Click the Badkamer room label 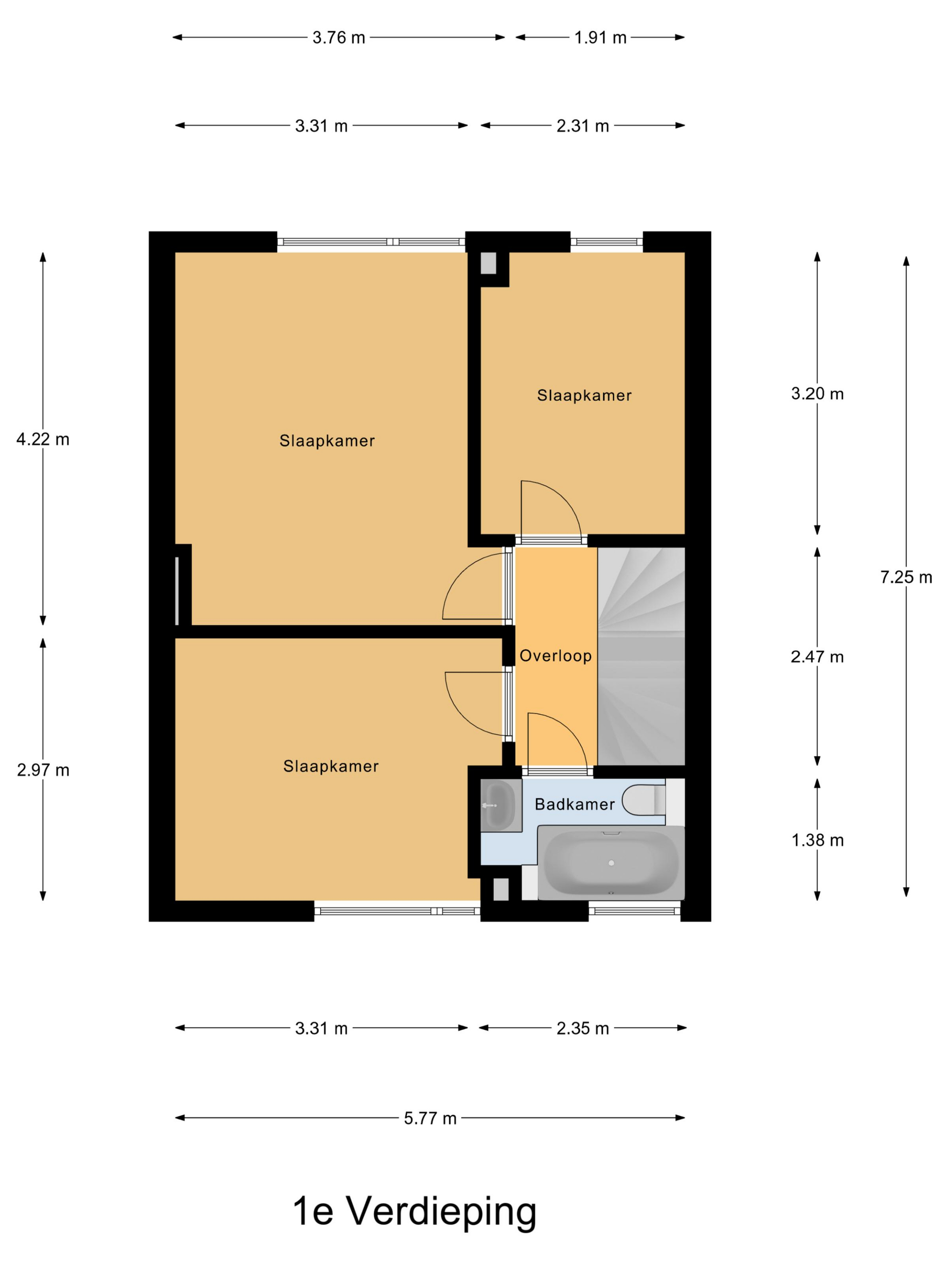click(574, 804)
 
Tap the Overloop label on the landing click(555, 655)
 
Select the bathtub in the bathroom click(611, 863)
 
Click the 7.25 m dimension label click(906, 577)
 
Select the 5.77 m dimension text click(430, 1118)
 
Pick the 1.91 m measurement click(600, 38)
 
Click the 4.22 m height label click(43, 439)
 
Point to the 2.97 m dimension click(43, 770)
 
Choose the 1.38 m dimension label click(817, 840)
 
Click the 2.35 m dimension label click(583, 1028)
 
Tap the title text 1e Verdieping click(415, 1213)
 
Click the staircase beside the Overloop click(641, 656)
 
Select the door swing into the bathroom click(557, 740)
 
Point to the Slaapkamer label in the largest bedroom click(327, 441)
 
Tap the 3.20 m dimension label click(817, 394)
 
